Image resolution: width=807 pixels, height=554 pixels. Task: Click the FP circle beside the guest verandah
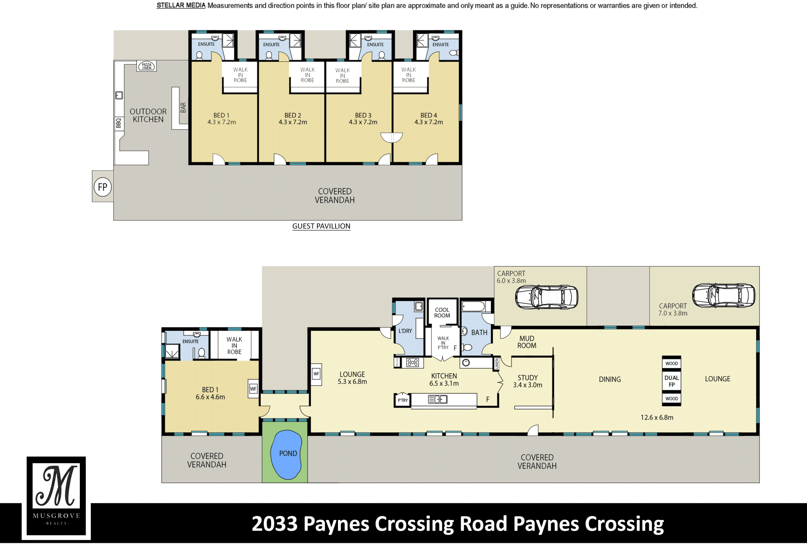103,187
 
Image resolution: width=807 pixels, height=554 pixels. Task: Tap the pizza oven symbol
147,66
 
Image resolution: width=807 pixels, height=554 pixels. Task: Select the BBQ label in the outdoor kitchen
119,123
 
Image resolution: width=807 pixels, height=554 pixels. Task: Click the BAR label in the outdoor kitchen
183,108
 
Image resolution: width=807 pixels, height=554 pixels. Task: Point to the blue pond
286,455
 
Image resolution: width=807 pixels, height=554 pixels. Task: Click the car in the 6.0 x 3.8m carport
546,297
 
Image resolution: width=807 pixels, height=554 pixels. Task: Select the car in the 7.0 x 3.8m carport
723,295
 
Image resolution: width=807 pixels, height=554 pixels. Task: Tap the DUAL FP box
671,381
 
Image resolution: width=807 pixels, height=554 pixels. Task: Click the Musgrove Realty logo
56,498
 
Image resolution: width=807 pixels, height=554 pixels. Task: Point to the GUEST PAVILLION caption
321,226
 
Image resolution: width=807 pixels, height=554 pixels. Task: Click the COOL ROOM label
442,312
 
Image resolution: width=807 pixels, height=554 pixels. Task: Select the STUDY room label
527,378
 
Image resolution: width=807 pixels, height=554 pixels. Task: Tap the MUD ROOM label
527,342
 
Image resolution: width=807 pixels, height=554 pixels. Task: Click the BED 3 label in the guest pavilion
363,115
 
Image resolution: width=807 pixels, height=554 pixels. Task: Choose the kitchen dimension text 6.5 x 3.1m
444,383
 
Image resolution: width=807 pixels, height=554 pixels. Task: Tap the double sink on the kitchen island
438,399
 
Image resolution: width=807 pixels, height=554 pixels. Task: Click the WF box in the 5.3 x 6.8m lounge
316,374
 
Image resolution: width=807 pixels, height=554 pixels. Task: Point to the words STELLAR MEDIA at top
181,5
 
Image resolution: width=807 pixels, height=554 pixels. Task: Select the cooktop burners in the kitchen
412,362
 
